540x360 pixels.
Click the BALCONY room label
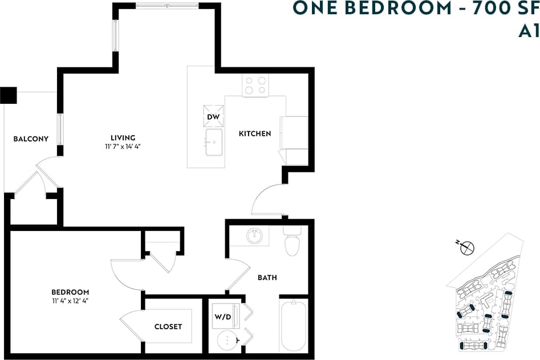[31, 139]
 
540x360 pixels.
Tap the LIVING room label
[123, 137]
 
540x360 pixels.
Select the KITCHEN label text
[254, 134]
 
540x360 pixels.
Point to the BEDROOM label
[70, 292]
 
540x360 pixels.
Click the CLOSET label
[168, 326]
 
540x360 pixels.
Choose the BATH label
[267, 278]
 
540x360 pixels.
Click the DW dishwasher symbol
[213, 117]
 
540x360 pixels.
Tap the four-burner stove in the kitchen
[255, 86]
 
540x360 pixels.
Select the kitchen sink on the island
[214, 143]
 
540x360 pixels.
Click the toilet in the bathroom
[292, 242]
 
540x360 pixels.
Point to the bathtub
[294, 327]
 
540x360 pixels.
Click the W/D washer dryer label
[222, 316]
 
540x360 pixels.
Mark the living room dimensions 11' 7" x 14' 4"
[123, 147]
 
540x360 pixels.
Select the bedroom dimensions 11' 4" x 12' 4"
[70, 301]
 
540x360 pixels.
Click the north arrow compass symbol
[467, 248]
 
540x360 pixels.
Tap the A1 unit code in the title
[528, 31]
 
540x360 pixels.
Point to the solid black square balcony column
[9, 95]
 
